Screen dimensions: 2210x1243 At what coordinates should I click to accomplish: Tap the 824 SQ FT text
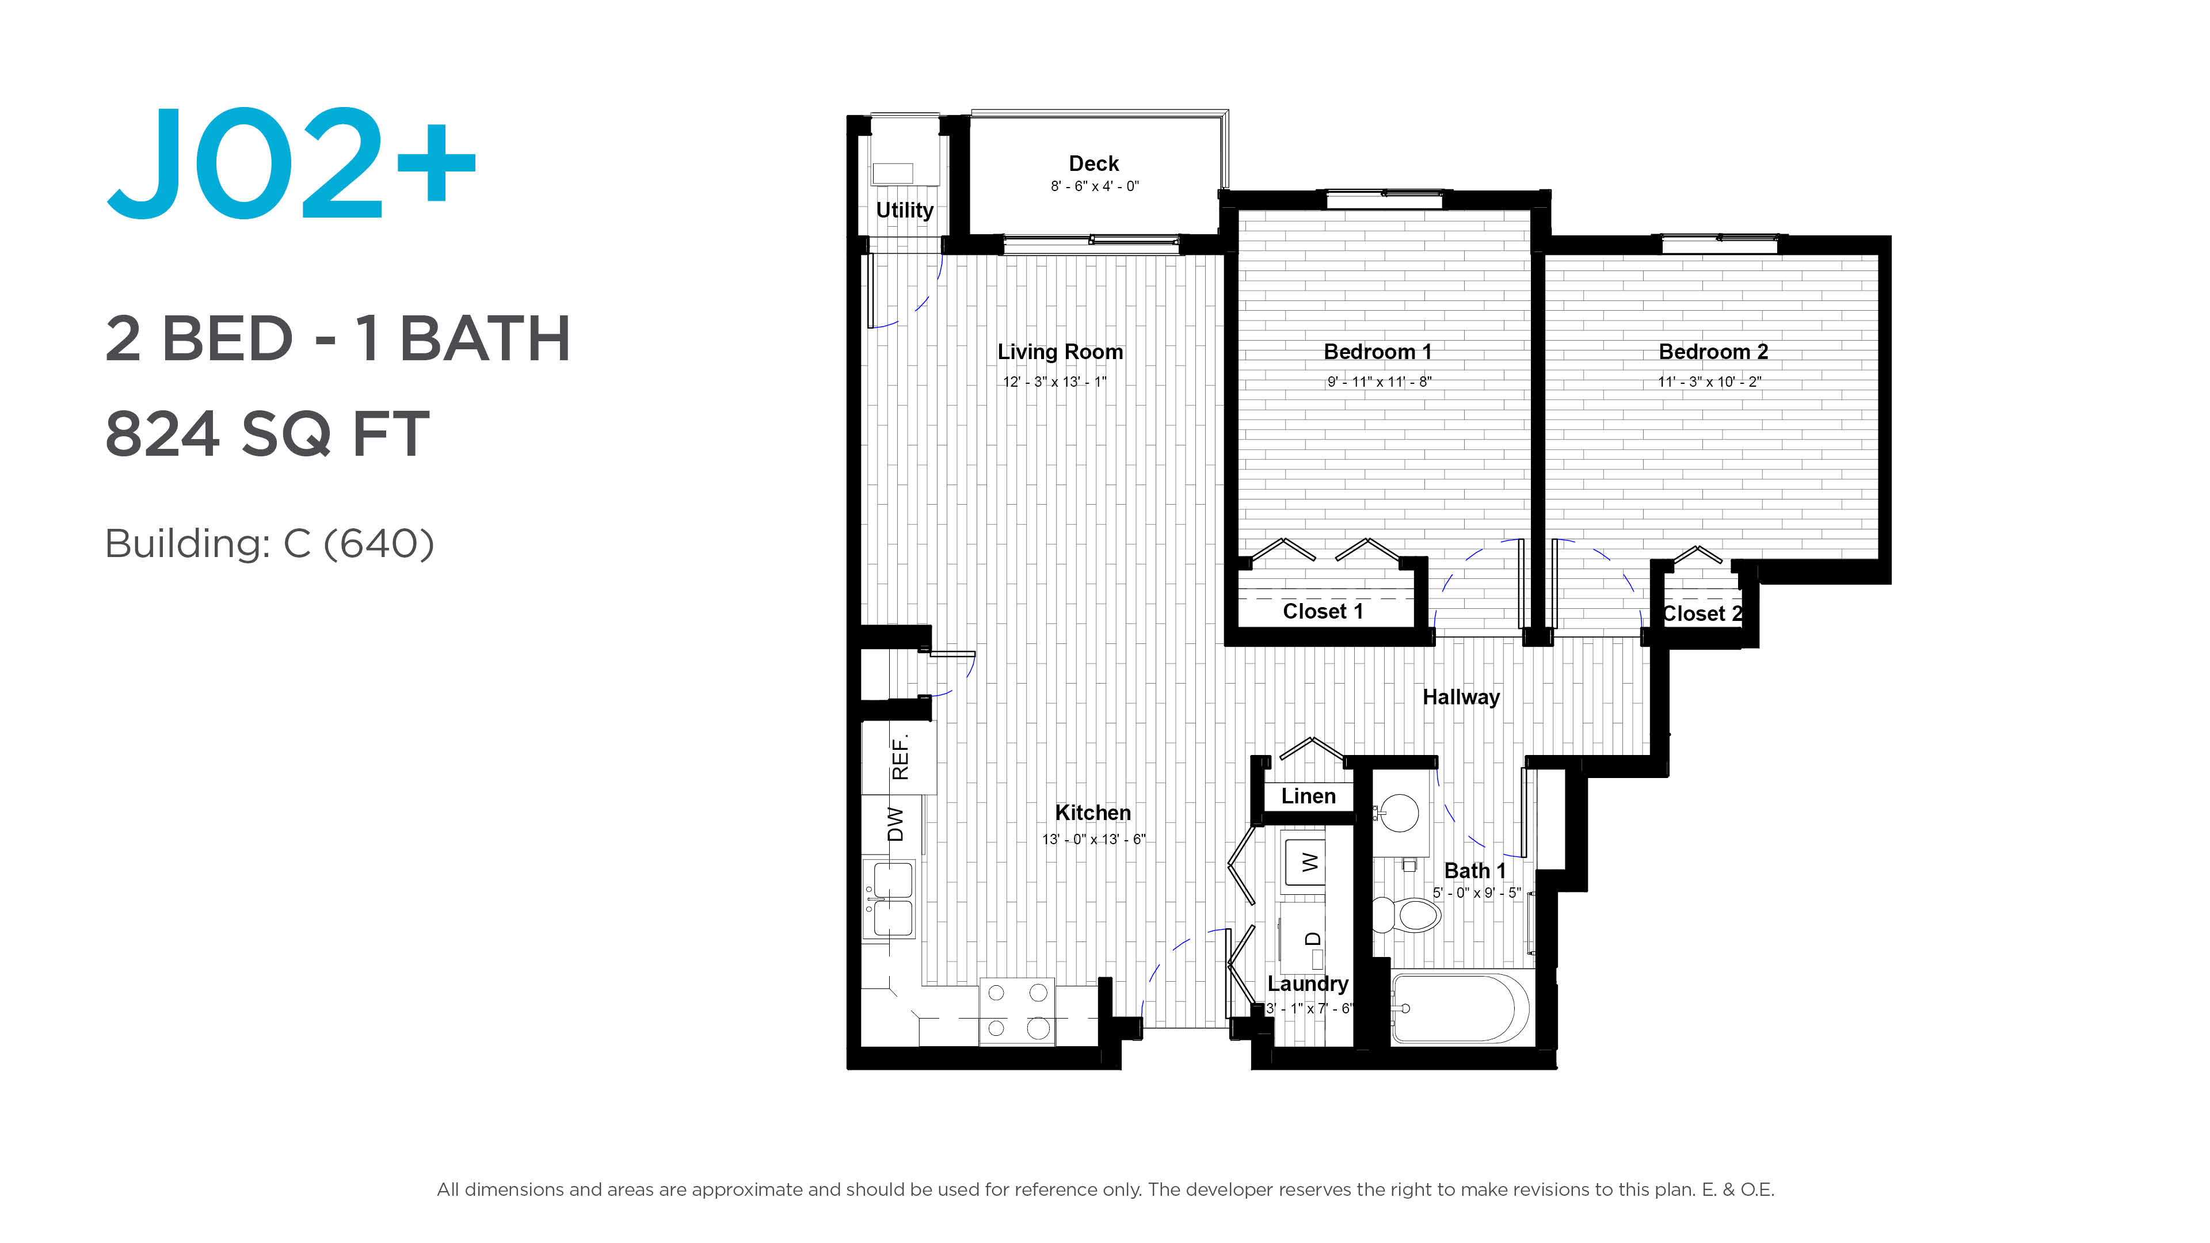coord(267,434)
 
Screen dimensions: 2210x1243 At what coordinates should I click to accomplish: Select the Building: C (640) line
coord(269,543)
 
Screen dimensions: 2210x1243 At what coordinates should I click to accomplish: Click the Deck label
coord(1094,163)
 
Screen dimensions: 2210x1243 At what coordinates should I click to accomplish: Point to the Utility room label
coord(904,210)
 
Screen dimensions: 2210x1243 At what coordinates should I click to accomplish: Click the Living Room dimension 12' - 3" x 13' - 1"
coord(1056,382)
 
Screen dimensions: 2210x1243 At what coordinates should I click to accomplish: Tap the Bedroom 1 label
coord(1377,352)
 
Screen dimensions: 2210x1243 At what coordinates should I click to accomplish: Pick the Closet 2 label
coord(1702,613)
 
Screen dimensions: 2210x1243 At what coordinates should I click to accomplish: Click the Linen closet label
coord(1308,796)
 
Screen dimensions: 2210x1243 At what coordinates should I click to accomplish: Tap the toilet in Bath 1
coord(1405,914)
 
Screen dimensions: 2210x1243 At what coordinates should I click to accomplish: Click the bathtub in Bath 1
coord(1460,1008)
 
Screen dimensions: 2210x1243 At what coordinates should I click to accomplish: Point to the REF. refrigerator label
coord(899,757)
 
